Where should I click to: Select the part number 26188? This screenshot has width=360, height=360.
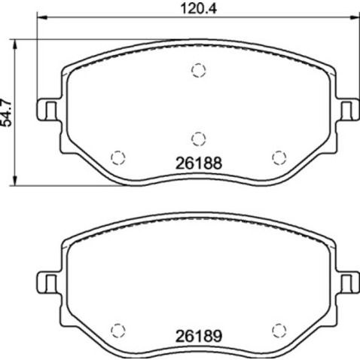pos(197,160)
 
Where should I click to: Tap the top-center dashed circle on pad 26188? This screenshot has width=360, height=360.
pos(197,71)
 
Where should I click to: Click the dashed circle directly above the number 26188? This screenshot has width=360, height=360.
pos(197,137)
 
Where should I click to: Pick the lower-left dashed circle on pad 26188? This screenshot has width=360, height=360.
pos(117,156)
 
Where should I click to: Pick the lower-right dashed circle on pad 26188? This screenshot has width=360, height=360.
pos(278,156)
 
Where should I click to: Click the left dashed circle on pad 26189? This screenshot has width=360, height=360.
pos(117,329)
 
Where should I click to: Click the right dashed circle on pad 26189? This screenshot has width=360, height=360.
pos(278,329)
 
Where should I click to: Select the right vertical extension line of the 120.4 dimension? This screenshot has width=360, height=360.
pos(355,60)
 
